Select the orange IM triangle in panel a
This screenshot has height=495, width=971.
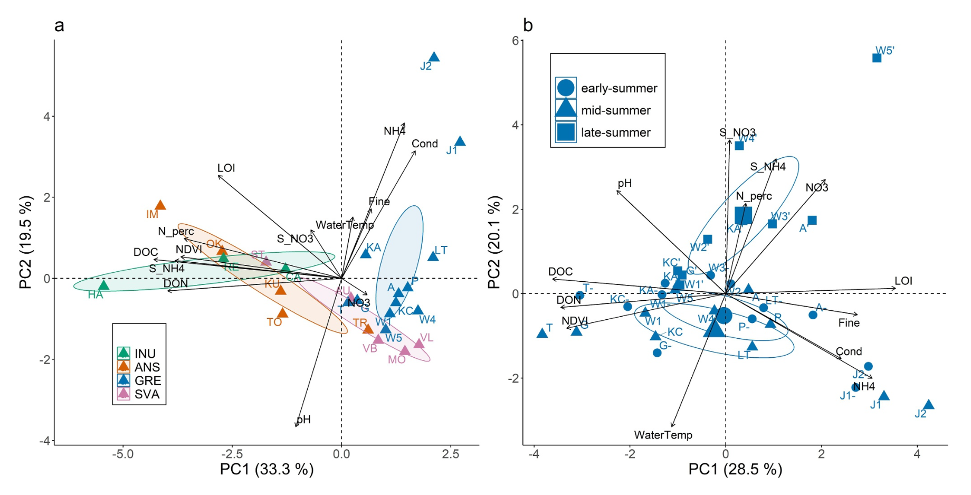tap(160, 205)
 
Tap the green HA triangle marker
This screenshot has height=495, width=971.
tap(104, 285)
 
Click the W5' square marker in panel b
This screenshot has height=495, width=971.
tap(877, 58)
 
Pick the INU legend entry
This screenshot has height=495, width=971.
tap(138, 354)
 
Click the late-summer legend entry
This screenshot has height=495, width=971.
tap(607, 132)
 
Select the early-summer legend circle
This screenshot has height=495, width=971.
tap(566, 88)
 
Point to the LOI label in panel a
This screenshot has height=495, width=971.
tap(226, 168)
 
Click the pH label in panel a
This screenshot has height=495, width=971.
tap(303, 420)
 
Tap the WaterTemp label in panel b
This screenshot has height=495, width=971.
tap(663, 435)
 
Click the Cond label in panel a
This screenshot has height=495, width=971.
tap(424, 144)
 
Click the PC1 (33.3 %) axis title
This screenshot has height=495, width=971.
tap(266, 469)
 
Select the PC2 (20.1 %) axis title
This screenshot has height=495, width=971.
tap(494, 242)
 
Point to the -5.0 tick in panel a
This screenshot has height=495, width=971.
tap(122, 454)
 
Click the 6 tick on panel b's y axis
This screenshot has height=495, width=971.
tap(515, 41)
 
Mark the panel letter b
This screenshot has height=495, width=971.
tap(528, 25)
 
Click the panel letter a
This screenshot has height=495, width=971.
tap(59, 25)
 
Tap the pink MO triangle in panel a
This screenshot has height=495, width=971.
tap(405, 350)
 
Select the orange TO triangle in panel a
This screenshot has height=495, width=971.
tap(282, 313)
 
